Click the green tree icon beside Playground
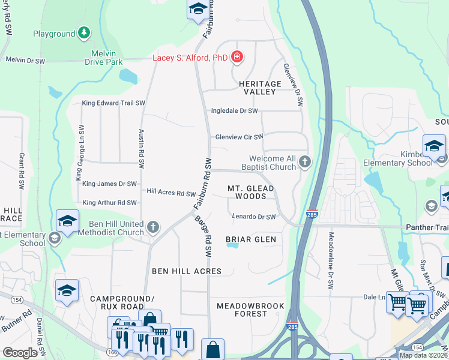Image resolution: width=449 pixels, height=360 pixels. (85, 34)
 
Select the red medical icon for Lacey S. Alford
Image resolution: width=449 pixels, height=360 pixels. (238, 57)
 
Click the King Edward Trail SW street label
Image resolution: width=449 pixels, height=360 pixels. (113, 103)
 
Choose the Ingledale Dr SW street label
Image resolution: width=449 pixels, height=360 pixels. (234, 111)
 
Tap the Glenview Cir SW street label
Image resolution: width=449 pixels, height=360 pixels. (240, 137)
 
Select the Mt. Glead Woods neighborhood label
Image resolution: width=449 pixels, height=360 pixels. (251, 192)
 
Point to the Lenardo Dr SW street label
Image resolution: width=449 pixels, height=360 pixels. (253, 217)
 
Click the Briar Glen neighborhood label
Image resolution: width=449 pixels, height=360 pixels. (251, 239)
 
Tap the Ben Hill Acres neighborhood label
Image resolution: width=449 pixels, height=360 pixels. (187, 271)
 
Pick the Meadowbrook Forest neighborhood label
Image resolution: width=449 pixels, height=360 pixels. (251, 310)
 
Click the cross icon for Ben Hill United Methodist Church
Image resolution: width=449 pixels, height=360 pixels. (153, 227)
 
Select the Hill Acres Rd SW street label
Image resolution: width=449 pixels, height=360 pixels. (172, 193)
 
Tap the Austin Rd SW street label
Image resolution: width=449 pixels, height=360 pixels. (142, 143)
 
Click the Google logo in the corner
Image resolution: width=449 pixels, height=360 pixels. (20, 352)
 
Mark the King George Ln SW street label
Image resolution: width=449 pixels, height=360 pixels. (78, 161)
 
